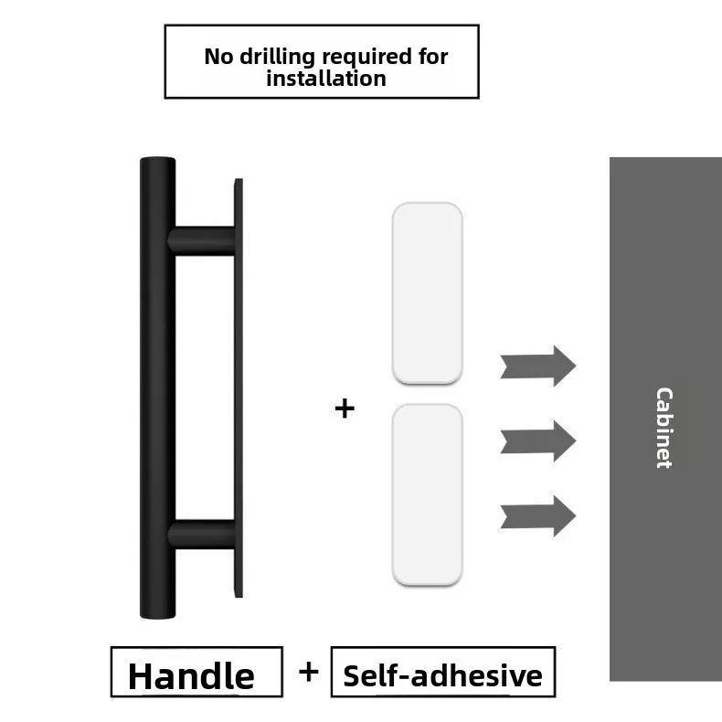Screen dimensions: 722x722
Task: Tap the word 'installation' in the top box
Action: click(x=326, y=79)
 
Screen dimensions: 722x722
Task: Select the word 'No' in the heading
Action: click(x=218, y=57)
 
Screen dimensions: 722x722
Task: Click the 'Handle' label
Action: click(x=192, y=675)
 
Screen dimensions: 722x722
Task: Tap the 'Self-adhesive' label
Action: click(x=443, y=675)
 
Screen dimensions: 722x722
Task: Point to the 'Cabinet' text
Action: click(x=664, y=428)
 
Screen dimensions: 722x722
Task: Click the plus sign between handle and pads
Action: click(x=344, y=408)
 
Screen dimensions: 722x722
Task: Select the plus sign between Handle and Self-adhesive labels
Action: click(x=309, y=672)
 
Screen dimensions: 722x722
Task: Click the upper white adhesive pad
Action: click(x=427, y=292)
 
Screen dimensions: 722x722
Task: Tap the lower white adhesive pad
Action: click(x=427, y=494)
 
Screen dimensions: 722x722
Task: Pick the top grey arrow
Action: click(x=538, y=366)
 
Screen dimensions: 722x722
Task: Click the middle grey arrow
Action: click(x=538, y=441)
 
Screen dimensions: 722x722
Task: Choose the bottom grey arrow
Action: click(x=538, y=515)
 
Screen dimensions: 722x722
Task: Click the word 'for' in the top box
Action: click(x=433, y=57)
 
